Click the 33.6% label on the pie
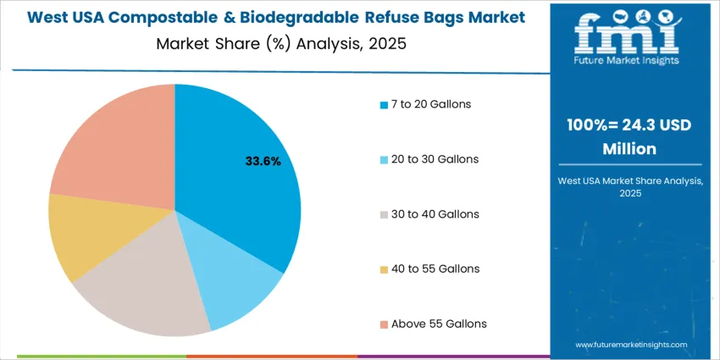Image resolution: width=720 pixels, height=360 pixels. click(x=263, y=160)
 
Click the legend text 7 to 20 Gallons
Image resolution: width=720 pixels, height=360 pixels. click(x=430, y=104)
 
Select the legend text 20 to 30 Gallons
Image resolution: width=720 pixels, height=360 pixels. click(x=434, y=159)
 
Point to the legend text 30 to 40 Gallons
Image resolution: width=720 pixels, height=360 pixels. click(x=434, y=214)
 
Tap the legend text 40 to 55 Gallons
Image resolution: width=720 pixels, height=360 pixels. click(x=434, y=269)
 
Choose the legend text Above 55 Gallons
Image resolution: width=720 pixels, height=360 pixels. click(x=438, y=324)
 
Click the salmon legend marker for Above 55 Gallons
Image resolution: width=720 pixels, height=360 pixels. click(x=383, y=324)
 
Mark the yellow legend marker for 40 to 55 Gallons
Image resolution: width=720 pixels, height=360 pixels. click(x=383, y=269)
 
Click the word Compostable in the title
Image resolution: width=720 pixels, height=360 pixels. click(x=160, y=17)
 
